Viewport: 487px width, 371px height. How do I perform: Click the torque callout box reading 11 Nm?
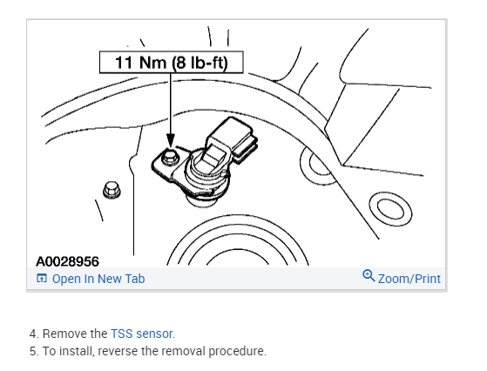pos(171,63)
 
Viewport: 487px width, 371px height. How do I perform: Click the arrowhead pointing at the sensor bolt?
pos(171,140)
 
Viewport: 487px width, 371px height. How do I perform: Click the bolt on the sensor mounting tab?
pos(170,157)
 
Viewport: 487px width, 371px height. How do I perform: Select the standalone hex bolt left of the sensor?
pos(112,190)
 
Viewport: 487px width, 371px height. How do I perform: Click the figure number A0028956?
pos(67,261)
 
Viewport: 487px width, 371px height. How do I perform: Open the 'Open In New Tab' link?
pos(98,279)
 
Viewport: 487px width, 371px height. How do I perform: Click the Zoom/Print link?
pos(409,279)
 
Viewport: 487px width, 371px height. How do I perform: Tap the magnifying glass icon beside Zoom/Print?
pos(369,275)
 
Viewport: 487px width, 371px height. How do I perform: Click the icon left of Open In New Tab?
pos(42,278)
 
